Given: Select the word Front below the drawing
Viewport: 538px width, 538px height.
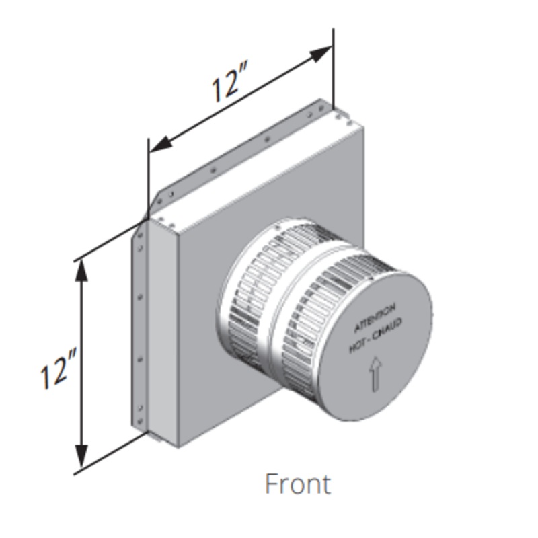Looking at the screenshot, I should [298, 484].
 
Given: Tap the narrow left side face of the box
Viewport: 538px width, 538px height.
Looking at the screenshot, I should [161, 330].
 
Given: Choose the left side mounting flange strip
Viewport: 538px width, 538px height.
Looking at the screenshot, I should [139, 323].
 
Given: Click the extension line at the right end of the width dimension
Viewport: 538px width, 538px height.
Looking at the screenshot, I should [333, 67].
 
